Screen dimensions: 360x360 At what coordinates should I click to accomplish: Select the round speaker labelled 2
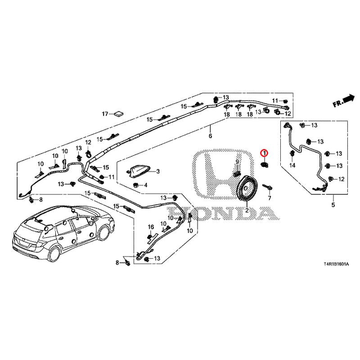247,189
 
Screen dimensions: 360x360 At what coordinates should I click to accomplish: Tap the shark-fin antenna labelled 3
139,171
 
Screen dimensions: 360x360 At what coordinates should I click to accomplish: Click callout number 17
105,114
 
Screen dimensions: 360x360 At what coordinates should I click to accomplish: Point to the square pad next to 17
119,113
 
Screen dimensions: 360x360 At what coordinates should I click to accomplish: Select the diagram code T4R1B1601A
336,264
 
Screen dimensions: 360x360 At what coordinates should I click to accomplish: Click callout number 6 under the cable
210,136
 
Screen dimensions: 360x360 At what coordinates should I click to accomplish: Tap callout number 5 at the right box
333,205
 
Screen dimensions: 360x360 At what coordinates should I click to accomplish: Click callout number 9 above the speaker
237,162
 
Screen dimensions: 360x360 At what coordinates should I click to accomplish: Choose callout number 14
292,165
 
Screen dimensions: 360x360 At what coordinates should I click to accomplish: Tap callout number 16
151,227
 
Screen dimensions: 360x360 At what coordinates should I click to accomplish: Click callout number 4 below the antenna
145,185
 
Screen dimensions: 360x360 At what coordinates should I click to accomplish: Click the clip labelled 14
292,153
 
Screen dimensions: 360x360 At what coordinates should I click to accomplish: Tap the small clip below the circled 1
264,164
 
